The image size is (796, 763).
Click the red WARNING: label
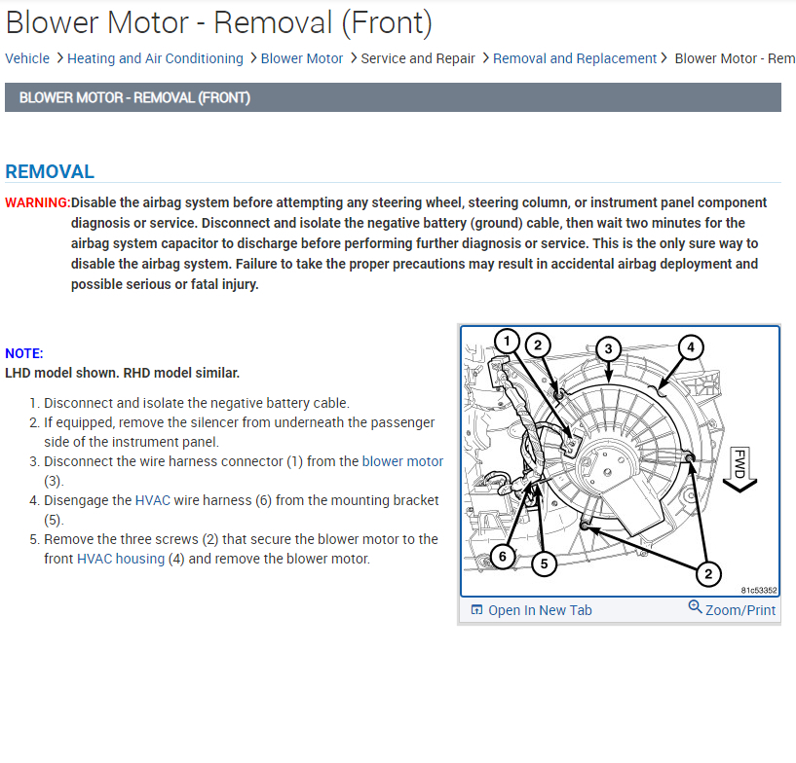37,202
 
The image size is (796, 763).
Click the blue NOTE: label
24,353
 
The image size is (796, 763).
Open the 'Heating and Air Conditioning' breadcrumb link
155,58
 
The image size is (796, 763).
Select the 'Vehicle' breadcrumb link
27,58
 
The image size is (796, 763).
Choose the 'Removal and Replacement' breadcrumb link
575,58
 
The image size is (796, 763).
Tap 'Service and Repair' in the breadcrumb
418,58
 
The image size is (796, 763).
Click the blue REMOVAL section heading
50,172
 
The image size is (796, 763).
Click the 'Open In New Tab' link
539,610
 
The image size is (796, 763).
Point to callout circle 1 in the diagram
506,341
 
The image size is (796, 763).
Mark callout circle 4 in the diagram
690,346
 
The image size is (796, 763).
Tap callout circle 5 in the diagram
545,563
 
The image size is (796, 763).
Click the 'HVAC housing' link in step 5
121,559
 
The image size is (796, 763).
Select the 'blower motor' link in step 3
402,461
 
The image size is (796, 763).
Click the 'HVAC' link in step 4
153,500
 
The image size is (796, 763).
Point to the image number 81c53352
757,590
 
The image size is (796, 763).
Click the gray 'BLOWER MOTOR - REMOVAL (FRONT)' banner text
134,97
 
